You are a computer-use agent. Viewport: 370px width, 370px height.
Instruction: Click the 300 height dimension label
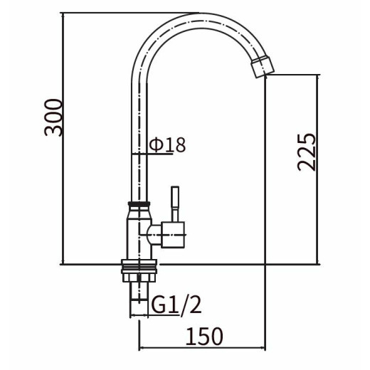click(x=53, y=117)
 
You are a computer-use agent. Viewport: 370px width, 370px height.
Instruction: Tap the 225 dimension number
click(x=307, y=152)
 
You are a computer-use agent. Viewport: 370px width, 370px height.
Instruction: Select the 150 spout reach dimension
click(x=204, y=336)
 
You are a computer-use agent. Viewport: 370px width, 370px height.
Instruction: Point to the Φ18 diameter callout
click(x=167, y=144)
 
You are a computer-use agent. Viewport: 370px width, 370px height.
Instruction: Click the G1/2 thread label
click(x=176, y=305)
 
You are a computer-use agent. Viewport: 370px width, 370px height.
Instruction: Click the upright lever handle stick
click(x=175, y=204)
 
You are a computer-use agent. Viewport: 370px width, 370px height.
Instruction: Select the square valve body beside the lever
click(x=173, y=235)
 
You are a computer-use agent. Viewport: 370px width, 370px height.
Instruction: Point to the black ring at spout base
click(x=139, y=203)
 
